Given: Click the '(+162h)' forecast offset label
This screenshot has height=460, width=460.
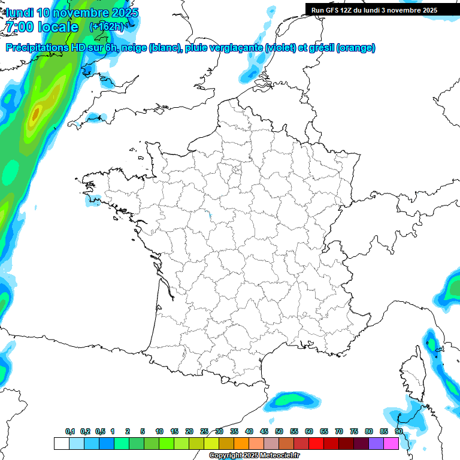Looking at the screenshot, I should pos(106,27).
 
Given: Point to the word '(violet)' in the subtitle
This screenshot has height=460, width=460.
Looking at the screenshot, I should pos(280,48).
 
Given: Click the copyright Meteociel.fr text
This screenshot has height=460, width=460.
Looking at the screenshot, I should pos(255,456).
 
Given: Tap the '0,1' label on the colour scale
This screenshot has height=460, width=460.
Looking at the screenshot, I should pos(70,432).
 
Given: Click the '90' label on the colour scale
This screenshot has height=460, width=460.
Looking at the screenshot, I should pos(398,432).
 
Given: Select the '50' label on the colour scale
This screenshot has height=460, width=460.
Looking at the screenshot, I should pos(279,432).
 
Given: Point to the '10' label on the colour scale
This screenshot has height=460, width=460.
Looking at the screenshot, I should pos(159,432).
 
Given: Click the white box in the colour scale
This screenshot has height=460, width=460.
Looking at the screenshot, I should pos(61,443).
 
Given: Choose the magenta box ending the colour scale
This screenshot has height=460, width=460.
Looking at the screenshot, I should pos(391,443).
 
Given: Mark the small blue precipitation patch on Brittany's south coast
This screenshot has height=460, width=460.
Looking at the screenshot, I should pos(92,199).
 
